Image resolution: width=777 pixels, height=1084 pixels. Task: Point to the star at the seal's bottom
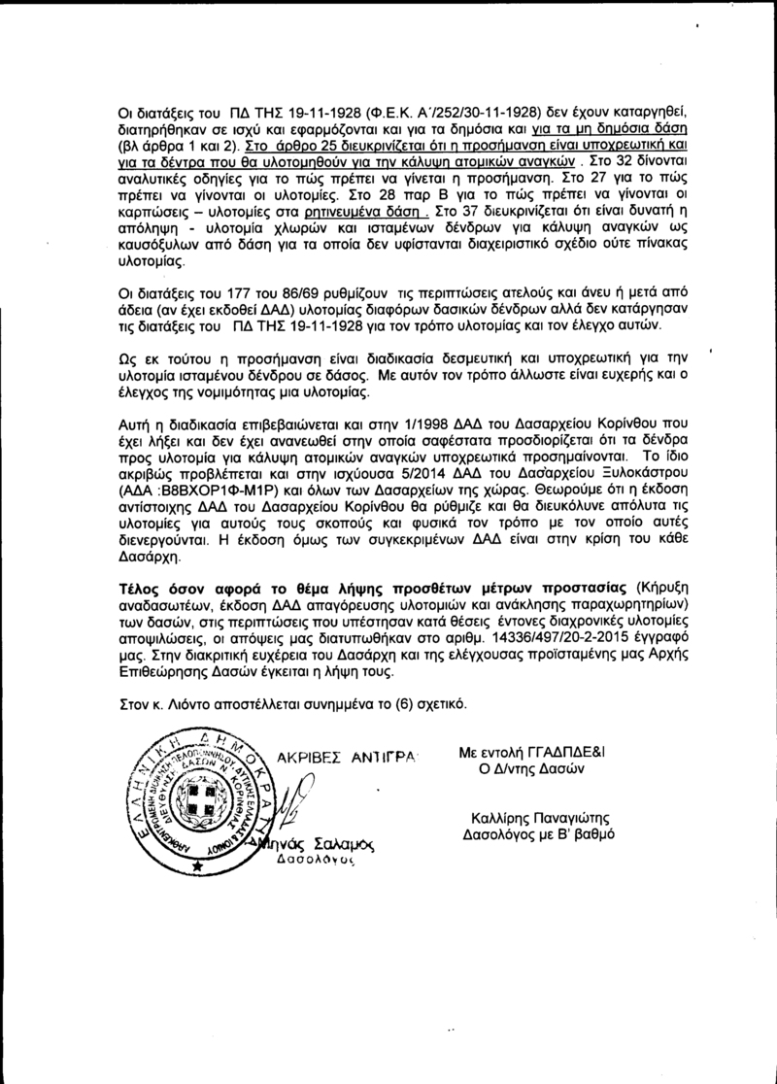tap(198, 863)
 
